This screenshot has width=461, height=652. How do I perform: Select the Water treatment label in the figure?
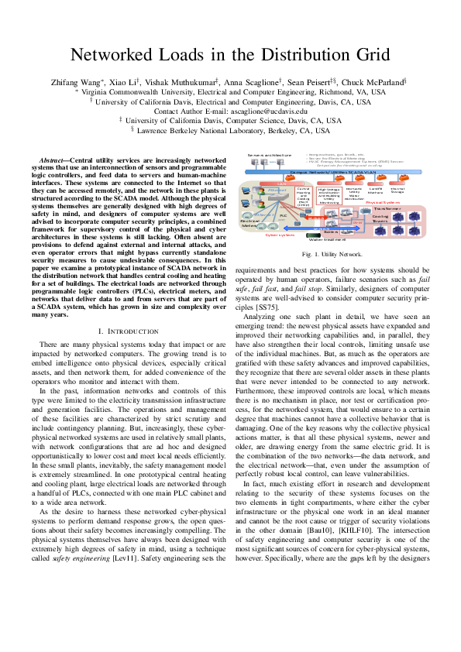point(325,240)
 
